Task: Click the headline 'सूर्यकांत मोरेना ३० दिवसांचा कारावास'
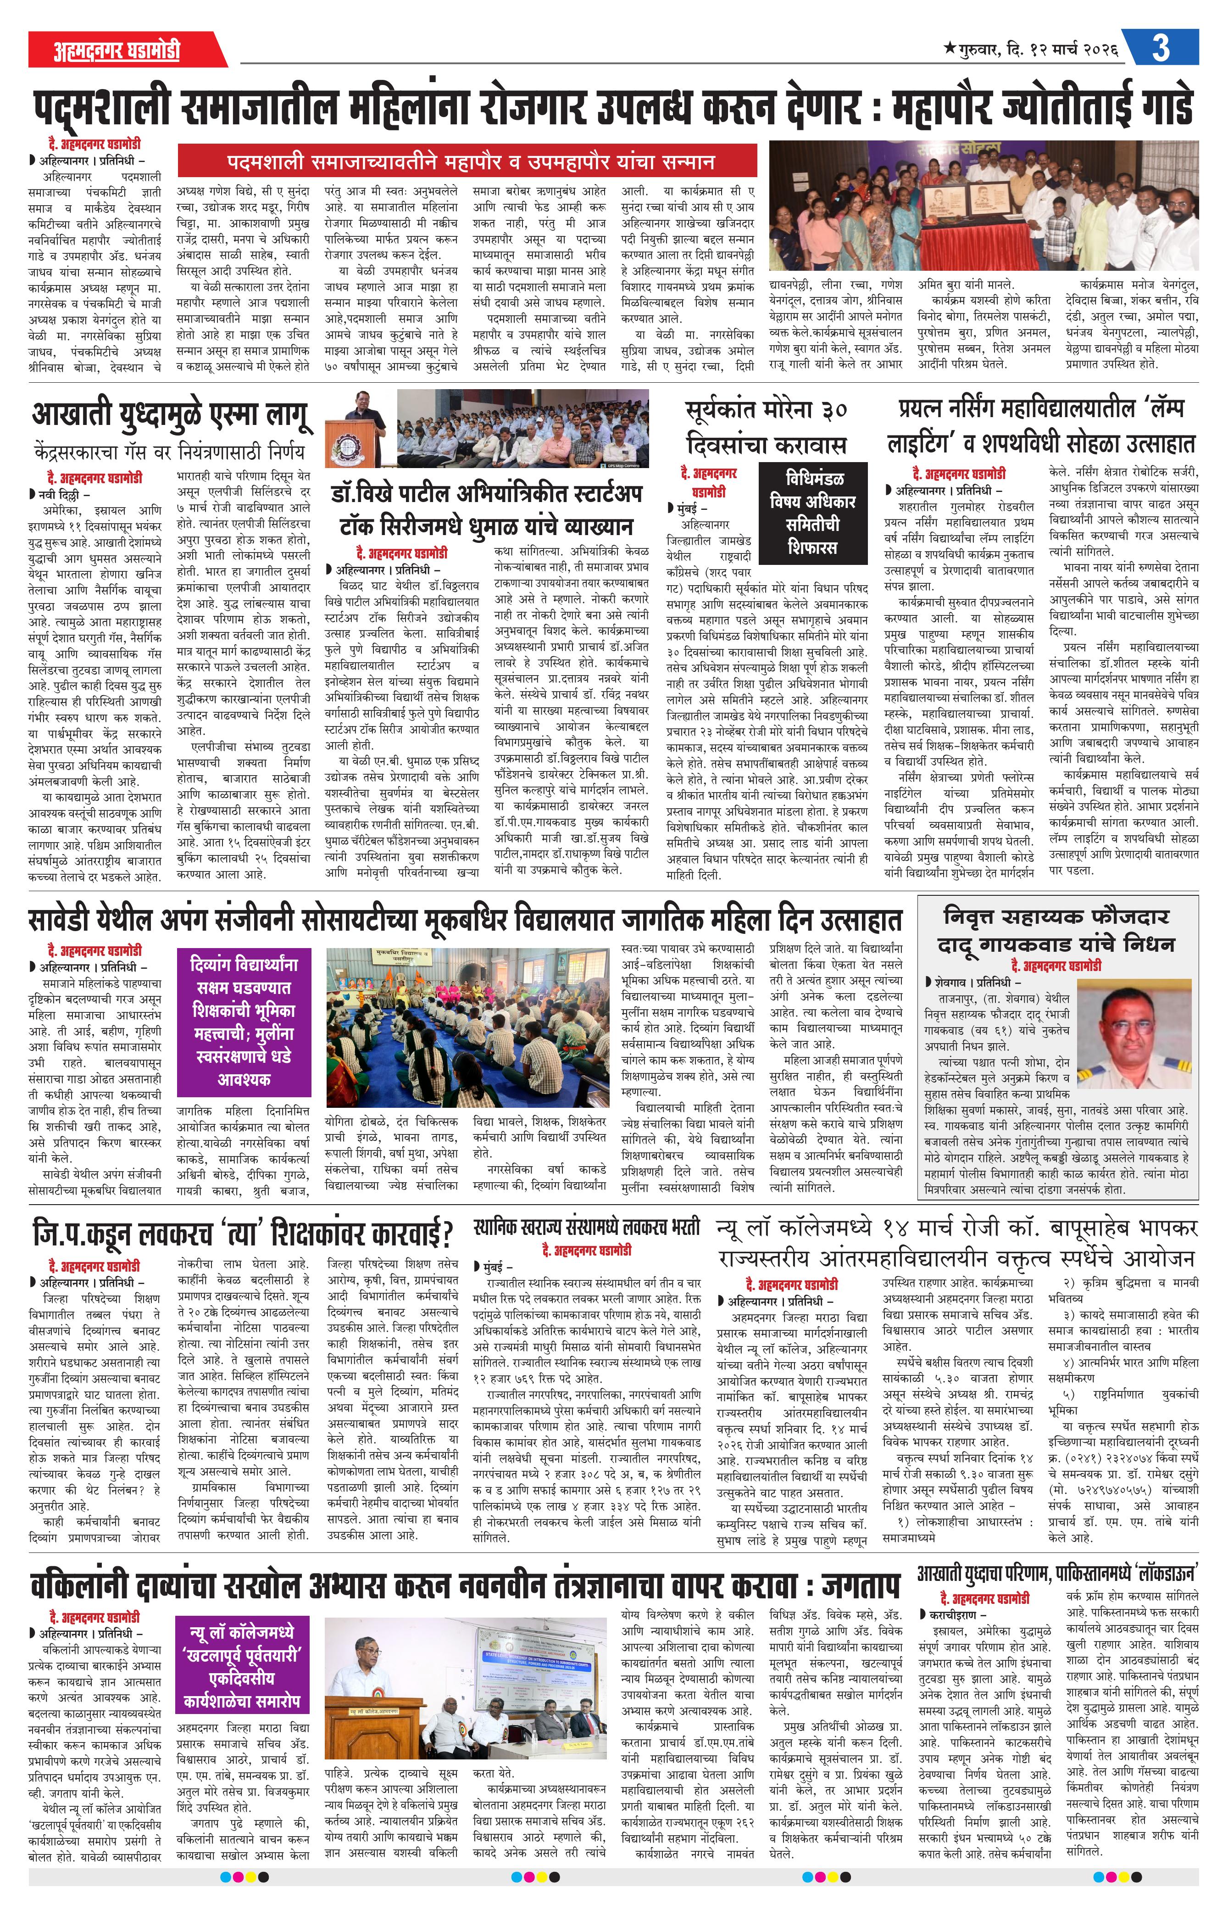(766, 428)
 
